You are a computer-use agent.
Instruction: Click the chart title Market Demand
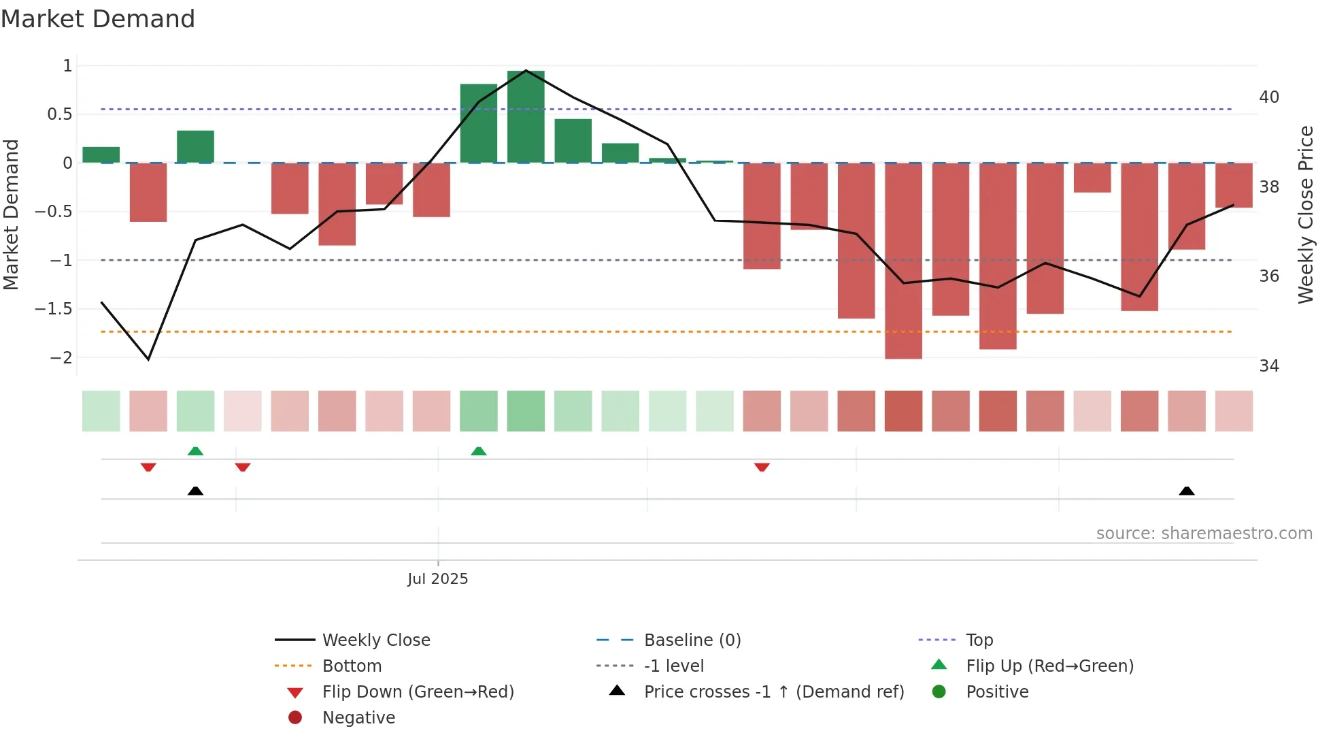[x=98, y=19]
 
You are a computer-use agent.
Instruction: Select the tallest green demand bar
[x=526, y=116]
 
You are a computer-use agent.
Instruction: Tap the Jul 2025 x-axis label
[x=437, y=579]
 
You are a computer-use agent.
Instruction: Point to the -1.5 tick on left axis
[x=54, y=309]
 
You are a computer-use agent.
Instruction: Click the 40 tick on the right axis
[x=1269, y=97]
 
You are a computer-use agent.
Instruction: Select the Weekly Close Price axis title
[x=1306, y=214]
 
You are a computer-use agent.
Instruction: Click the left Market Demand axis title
[x=11, y=214]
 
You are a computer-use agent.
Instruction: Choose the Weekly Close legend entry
[x=375, y=640]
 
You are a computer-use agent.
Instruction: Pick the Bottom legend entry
[x=352, y=666]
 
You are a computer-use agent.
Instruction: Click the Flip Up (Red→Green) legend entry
[x=1049, y=666]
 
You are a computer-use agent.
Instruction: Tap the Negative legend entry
[x=358, y=718]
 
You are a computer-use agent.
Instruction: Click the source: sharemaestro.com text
[x=1204, y=534]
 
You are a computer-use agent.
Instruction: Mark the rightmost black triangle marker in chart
[x=1187, y=491]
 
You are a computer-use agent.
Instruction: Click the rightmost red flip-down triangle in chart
[x=762, y=467]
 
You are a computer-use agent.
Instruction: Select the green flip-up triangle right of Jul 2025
[x=479, y=451]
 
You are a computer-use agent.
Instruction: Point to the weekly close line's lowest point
[x=148, y=359]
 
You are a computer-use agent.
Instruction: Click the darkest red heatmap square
[x=903, y=411]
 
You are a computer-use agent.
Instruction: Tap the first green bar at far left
[x=101, y=155]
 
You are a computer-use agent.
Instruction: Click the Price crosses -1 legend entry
[x=773, y=692]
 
